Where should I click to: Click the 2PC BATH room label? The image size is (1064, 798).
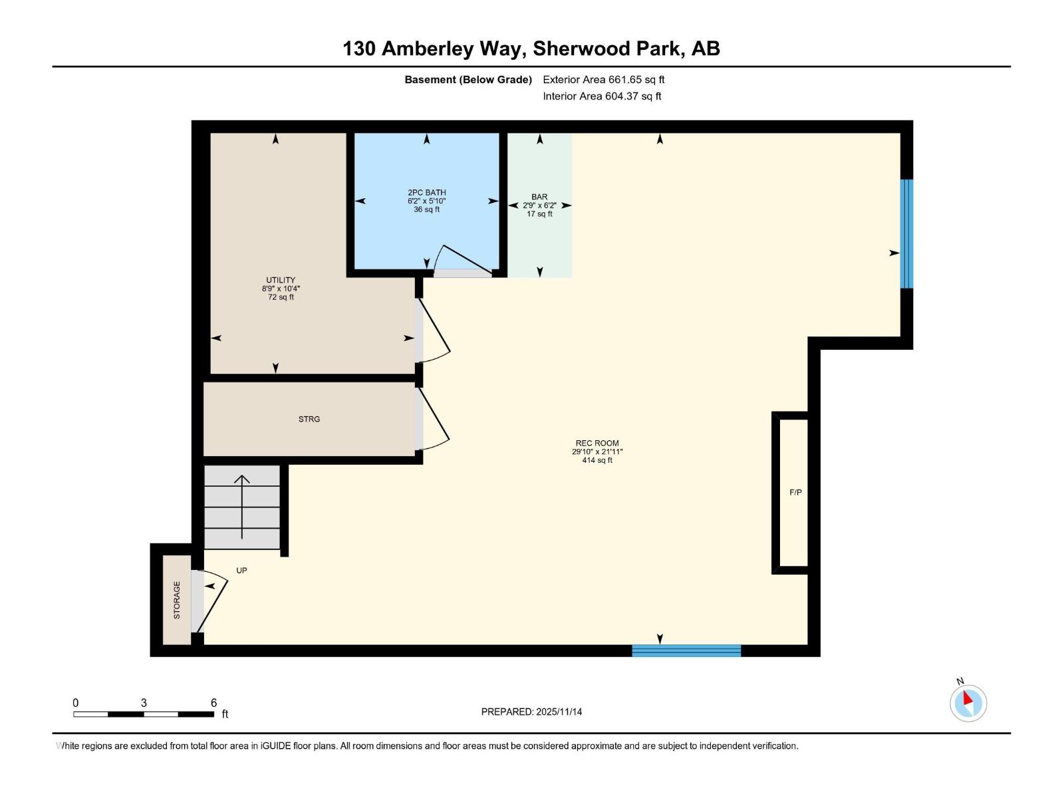426,193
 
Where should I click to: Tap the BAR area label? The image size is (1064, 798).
539,197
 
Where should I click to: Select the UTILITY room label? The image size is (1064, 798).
281,280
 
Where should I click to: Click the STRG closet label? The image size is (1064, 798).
309,419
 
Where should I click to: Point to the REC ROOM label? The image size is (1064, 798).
597,443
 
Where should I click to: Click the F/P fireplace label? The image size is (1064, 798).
795,492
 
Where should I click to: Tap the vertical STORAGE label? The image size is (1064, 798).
177,600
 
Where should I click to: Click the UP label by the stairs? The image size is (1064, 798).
241,571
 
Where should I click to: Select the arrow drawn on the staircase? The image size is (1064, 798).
241,505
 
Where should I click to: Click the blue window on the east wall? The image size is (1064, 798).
906,233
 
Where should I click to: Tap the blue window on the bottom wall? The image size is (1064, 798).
686,650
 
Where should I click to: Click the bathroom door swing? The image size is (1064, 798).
459,261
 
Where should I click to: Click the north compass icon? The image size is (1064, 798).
968,702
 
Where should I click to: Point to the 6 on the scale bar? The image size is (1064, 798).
213,702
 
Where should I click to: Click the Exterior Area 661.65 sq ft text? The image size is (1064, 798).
603,79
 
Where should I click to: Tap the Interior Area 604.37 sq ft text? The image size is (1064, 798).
602,96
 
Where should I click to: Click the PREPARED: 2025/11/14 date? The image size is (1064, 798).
531,712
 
